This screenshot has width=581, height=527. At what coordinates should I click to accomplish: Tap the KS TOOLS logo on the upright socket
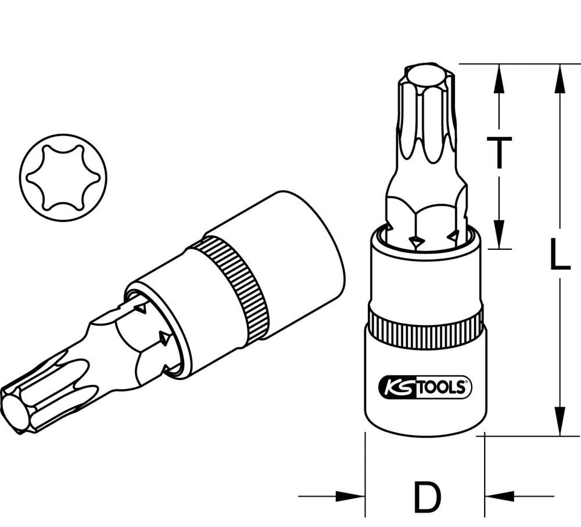tap(426, 386)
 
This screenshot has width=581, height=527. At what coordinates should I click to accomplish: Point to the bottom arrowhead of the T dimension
tap(498, 235)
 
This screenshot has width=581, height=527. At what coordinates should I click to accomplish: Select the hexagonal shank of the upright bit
tap(426, 218)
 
